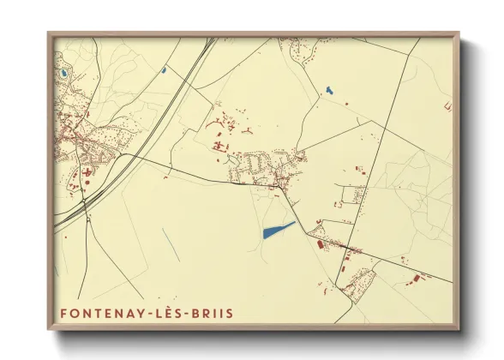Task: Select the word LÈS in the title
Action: point(164,314)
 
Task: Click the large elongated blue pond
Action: point(278,230)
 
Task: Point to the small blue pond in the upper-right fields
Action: point(328,90)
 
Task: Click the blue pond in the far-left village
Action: point(63,74)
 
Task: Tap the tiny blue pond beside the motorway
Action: point(162,70)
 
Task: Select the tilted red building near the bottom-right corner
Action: point(419,278)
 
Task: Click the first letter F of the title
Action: point(64,314)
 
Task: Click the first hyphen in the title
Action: point(146,314)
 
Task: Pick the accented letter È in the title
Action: point(164,314)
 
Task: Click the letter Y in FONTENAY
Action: point(137,314)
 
